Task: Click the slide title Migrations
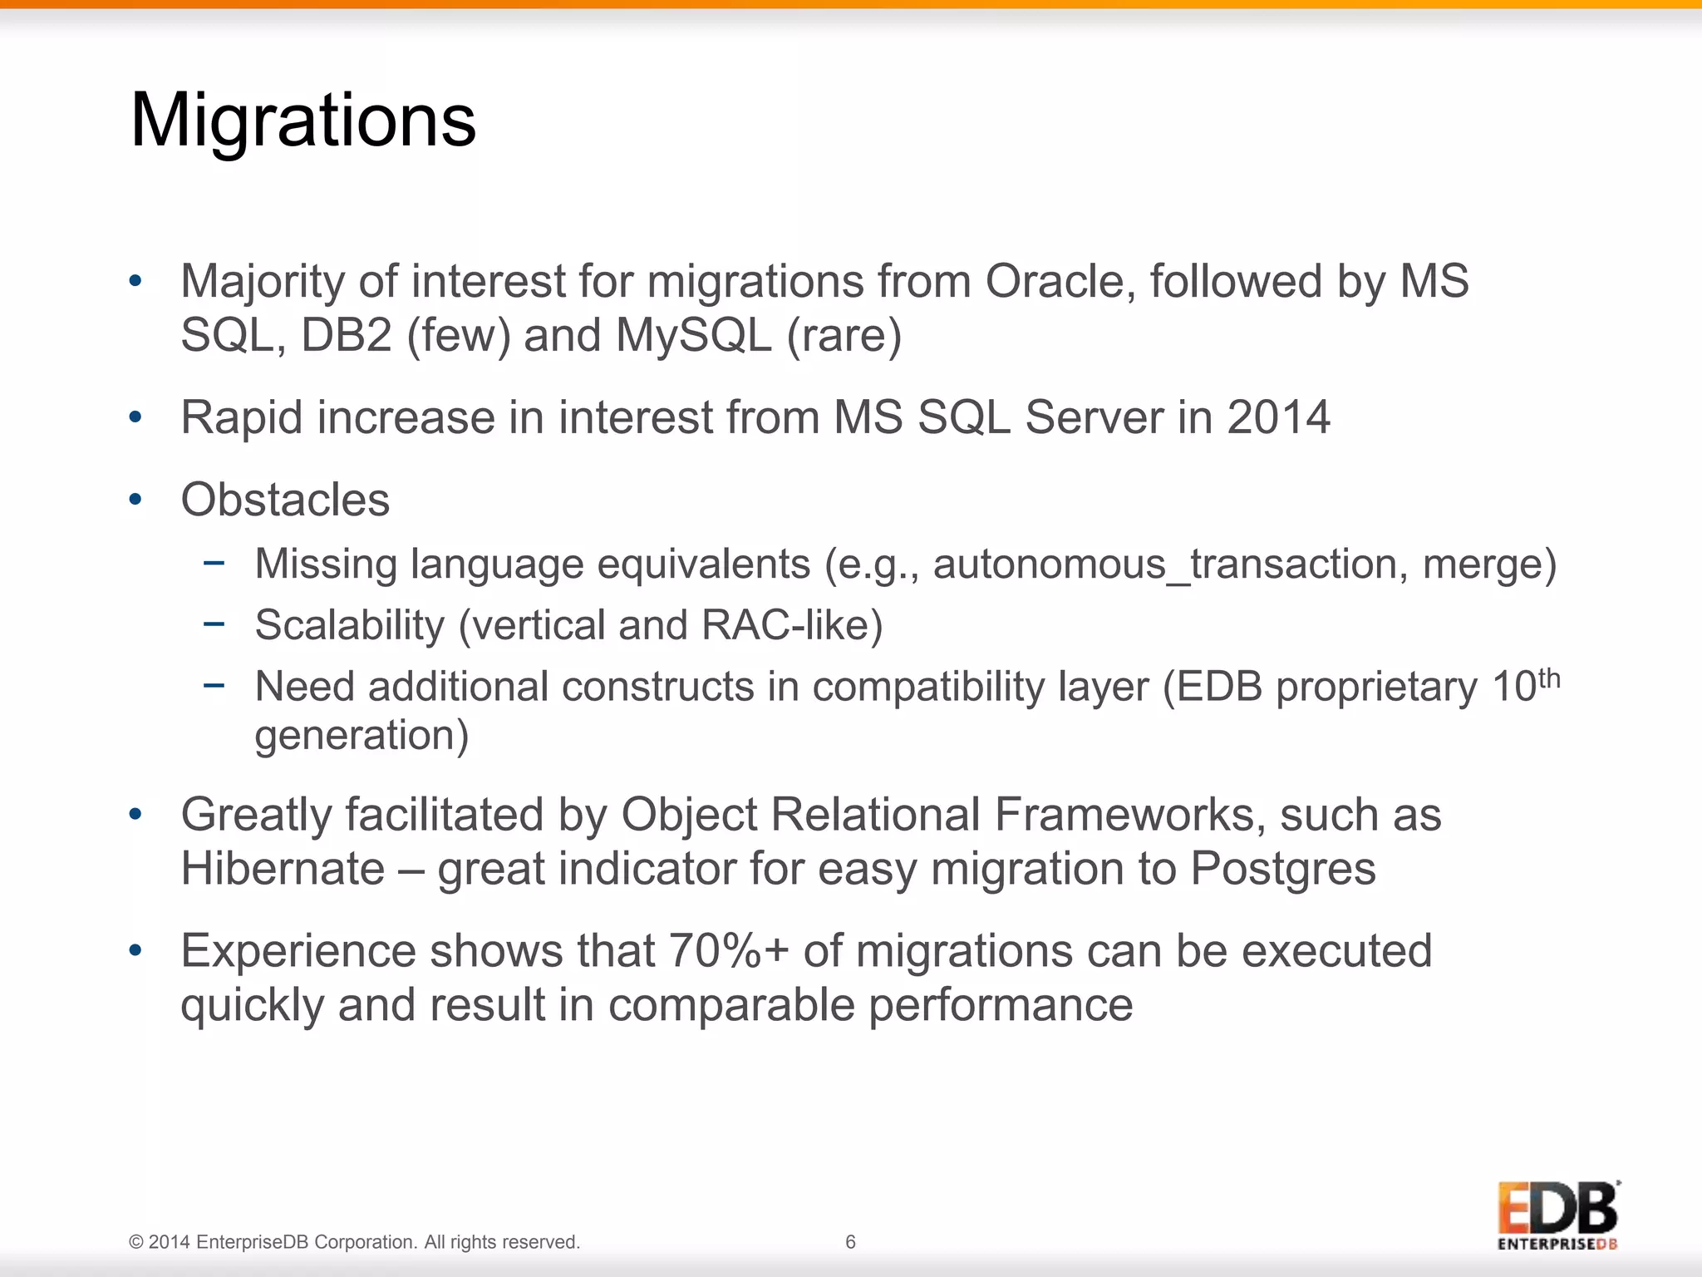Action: (303, 121)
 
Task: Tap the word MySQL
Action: (694, 335)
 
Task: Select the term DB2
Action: (346, 335)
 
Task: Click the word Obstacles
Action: (285, 500)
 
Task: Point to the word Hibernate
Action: (283, 869)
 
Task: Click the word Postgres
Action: (1282, 869)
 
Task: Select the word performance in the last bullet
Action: (1001, 1005)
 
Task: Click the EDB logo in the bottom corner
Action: (1557, 1214)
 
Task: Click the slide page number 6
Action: (850, 1242)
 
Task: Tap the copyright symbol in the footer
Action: (136, 1242)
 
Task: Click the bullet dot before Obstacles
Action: (135, 500)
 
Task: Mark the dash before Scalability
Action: (214, 624)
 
